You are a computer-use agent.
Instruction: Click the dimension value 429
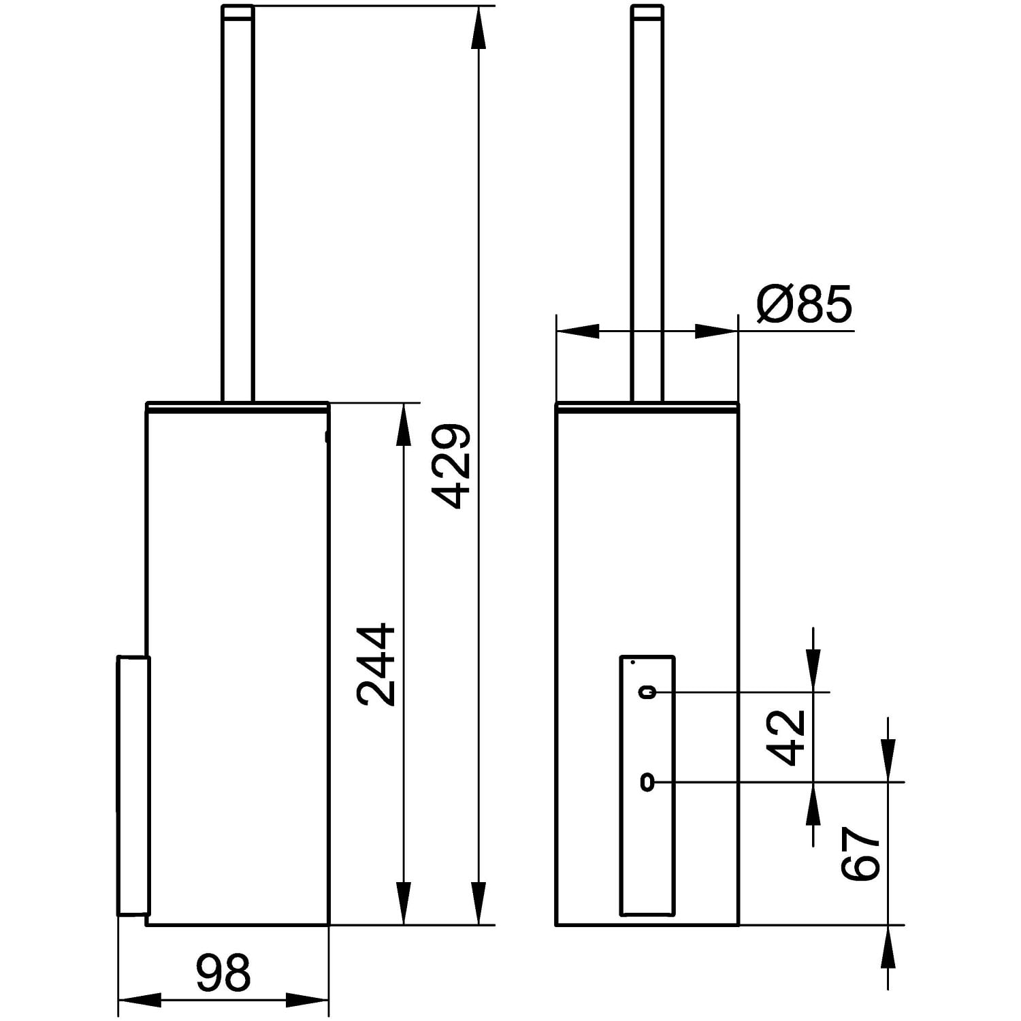pos(452,466)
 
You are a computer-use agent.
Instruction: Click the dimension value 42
pos(786,738)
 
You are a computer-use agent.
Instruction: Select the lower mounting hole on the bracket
pos(647,783)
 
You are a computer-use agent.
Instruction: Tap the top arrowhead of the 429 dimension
pos(479,27)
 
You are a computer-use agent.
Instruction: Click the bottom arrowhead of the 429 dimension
pos(479,903)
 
